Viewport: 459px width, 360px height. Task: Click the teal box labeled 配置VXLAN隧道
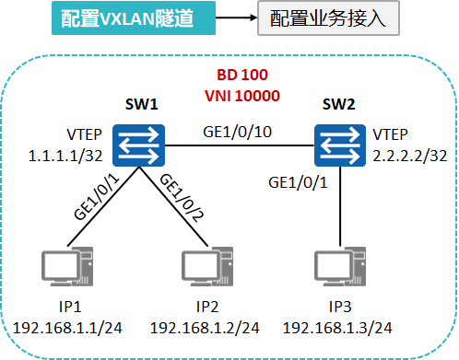119,18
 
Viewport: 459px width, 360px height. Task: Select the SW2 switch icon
339,145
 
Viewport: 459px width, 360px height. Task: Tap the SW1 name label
141,104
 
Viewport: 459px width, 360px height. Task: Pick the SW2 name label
339,105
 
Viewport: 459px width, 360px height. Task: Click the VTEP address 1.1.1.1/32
66,157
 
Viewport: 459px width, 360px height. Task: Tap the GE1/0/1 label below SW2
296,181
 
